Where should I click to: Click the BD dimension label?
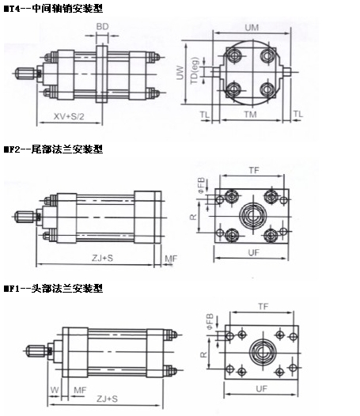click(x=102, y=27)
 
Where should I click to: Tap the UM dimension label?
click(x=252, y=28)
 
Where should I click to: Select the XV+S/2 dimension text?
click(x=69, y=116)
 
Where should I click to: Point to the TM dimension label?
click(x=250, y=115)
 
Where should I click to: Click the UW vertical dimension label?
click(x=180, y=73)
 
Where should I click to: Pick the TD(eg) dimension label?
click(x=195, y=70)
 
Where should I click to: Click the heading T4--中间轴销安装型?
click(x=53, y=9)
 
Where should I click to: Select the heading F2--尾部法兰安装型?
click(x=53, y=149)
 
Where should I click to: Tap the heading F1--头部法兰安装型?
click(x=53, y=288)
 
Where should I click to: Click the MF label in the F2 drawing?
click(x=171, y=259)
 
